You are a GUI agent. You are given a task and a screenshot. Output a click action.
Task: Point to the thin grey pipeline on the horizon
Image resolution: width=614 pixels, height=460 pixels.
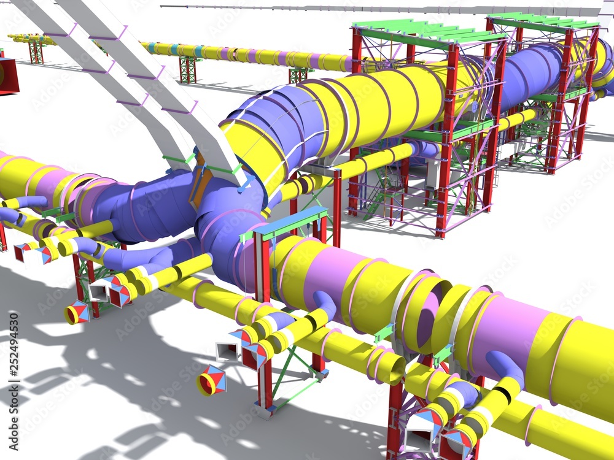[368, 8]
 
